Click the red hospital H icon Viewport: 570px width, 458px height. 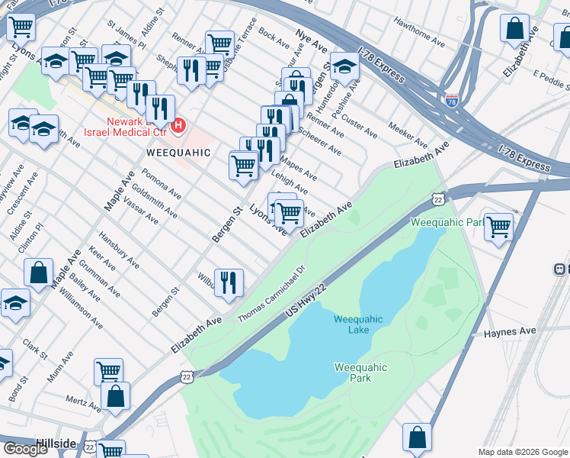point(178,124)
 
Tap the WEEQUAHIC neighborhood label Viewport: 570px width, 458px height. point(178,153)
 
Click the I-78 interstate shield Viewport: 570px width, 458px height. point(452,100)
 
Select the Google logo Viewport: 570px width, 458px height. point(26,448)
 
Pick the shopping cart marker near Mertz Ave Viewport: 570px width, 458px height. point(109,372)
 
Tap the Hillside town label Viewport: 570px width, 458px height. point(56,443)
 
